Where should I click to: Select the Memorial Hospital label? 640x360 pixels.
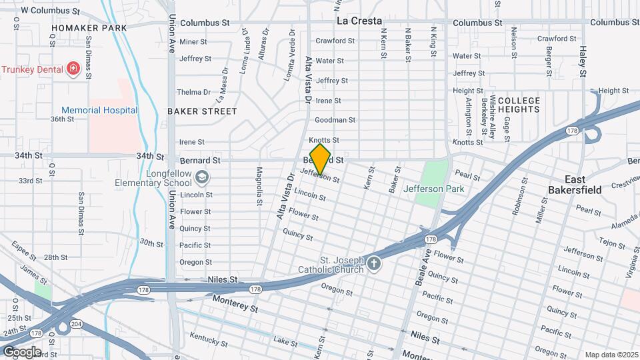[x=99, y=110]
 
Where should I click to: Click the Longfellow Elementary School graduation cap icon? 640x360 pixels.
[x=202, y=178]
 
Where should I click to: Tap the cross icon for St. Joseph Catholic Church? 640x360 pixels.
[x=374, y=264]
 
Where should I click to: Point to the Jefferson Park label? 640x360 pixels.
[x=433, y=189]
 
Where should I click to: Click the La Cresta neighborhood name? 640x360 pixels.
[x=359, y=21]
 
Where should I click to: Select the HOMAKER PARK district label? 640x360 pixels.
[x=89, y=28]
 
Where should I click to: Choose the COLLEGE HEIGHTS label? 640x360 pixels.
[x=519, y=105]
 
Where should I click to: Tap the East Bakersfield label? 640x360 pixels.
[x=575, y=185]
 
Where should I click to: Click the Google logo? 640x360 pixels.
[x=21, y=351]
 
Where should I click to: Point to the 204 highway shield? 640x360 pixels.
[x=77, y=324]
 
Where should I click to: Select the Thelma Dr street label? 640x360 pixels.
[x=193, y=92]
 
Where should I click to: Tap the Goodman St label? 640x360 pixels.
[x=335, y=120]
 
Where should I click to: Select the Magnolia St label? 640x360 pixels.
[x=259, y=184]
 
